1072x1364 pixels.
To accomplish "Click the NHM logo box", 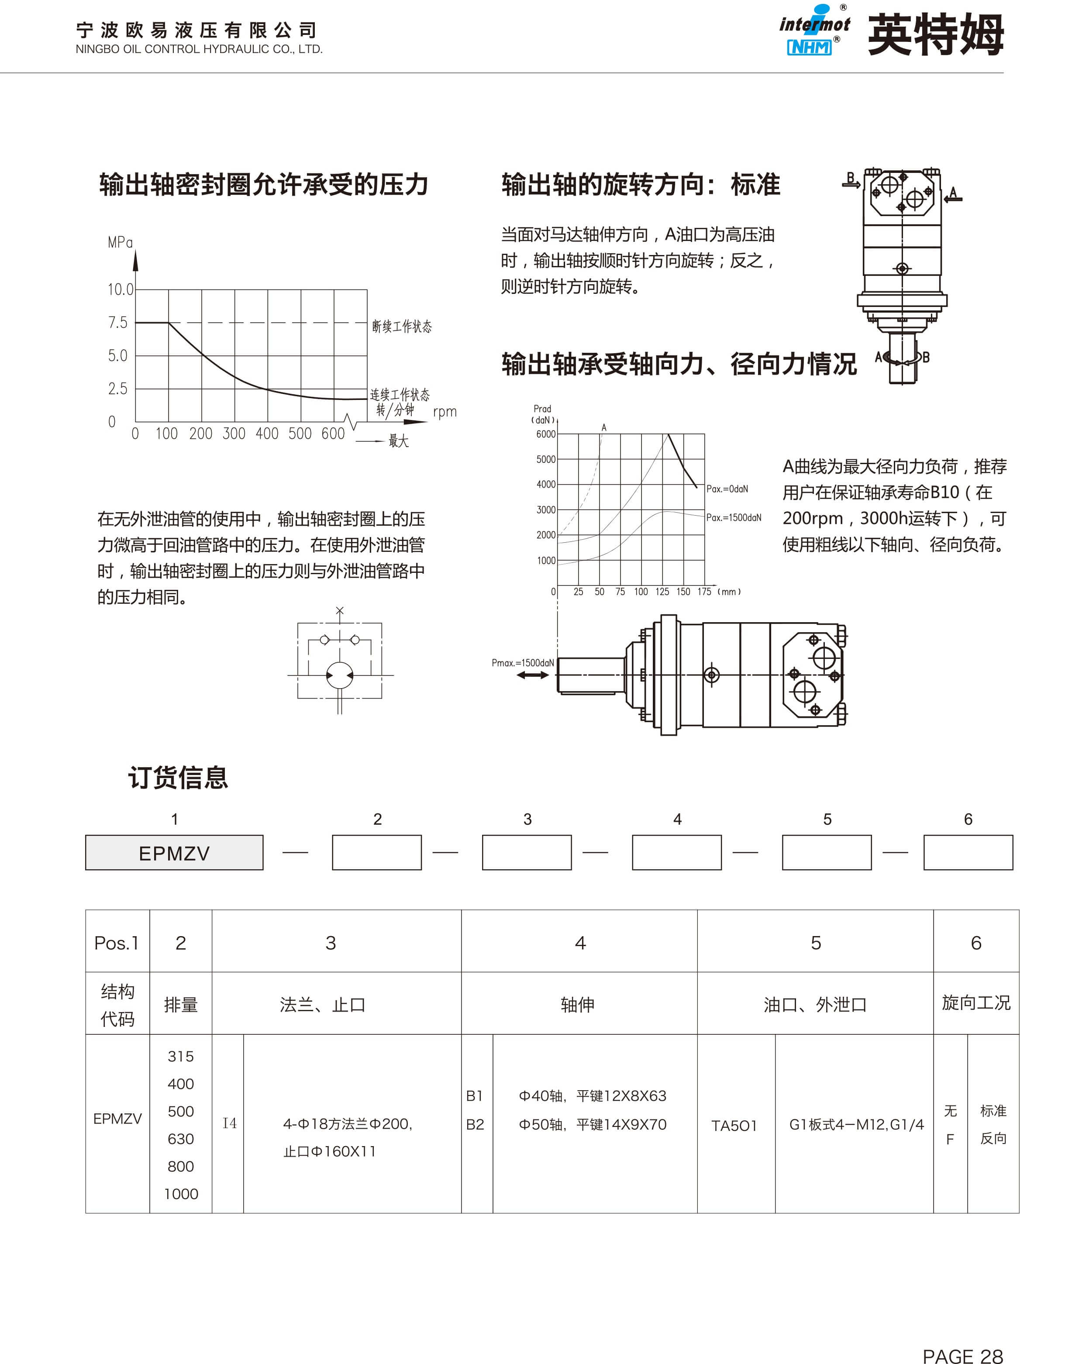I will (x=809, y=47).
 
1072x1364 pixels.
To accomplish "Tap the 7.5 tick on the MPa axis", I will (x=117, y=323).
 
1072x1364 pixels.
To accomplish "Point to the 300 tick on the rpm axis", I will (x=234, y=434).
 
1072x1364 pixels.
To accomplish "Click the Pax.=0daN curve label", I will (x=727, y=489).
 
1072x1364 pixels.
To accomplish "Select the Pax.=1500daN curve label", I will (x=733, y=518).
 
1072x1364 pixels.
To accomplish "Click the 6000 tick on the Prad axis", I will (x=545, y=434).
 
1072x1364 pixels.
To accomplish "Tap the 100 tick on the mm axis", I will (x=641, y=592).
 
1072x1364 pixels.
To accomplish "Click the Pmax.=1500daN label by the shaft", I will (x=522, y=662).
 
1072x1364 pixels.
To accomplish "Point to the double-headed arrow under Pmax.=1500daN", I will (x=532, y=675).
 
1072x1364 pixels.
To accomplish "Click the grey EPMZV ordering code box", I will (x=174, y=853).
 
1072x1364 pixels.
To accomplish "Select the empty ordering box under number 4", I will (x=676, y=853).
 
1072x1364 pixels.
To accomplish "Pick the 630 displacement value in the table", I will (x=181, y=1139).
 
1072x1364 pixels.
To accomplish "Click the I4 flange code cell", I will (x=229, y=1123).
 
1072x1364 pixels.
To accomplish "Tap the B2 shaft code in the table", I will (x=475, y=1124).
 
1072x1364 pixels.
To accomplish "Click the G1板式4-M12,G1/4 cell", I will (x=856, y=1124).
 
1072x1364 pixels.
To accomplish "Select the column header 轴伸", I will (x=577, y=1005).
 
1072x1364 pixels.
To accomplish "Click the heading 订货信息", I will (x=178, y=777).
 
